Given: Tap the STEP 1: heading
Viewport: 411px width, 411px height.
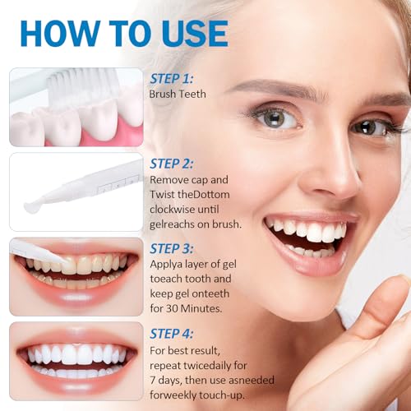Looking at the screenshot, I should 172,79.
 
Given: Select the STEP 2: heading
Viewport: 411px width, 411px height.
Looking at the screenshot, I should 172,163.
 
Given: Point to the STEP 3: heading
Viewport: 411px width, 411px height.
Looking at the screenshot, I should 172,248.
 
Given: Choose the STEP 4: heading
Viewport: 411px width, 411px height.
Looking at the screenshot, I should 172,333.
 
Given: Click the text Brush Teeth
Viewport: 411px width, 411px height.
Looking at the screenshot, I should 178,95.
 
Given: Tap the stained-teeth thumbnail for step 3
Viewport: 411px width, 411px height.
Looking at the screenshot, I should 76,271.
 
